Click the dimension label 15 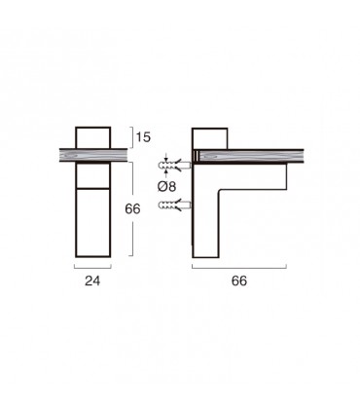point(143,137)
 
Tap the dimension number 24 point(92,281)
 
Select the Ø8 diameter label point(166,186)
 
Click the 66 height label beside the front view point(132,208)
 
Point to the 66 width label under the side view point(239,281)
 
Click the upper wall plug point(175,166)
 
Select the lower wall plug point(175,206)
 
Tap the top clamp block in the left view point(93,137)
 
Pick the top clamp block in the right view point(209,138)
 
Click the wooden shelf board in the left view point(93,155)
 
